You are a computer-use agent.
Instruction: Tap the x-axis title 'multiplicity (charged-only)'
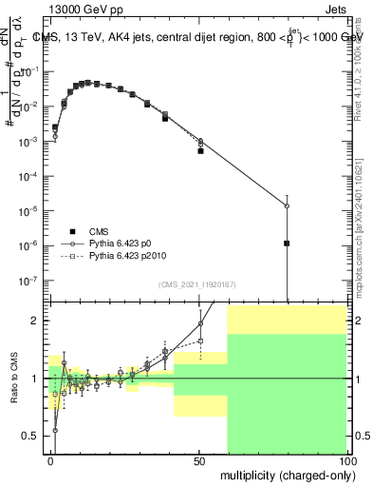[284, 474]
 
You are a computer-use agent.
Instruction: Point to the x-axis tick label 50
[199, 459]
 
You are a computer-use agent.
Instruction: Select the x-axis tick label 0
[51, 459]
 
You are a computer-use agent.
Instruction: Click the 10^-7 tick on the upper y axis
[28, 281]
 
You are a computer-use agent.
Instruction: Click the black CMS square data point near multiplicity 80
[287, 243]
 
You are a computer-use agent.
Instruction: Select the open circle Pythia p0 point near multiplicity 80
[287, 206]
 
